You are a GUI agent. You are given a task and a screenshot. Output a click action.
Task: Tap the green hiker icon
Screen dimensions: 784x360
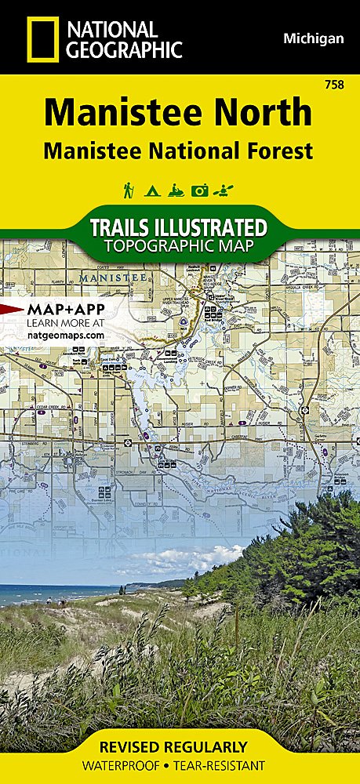tap(128, 191)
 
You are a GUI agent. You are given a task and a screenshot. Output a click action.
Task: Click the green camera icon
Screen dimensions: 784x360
tap(201, 191)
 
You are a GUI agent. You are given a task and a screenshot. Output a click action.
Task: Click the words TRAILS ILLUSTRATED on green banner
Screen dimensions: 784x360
tap(180, 228)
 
